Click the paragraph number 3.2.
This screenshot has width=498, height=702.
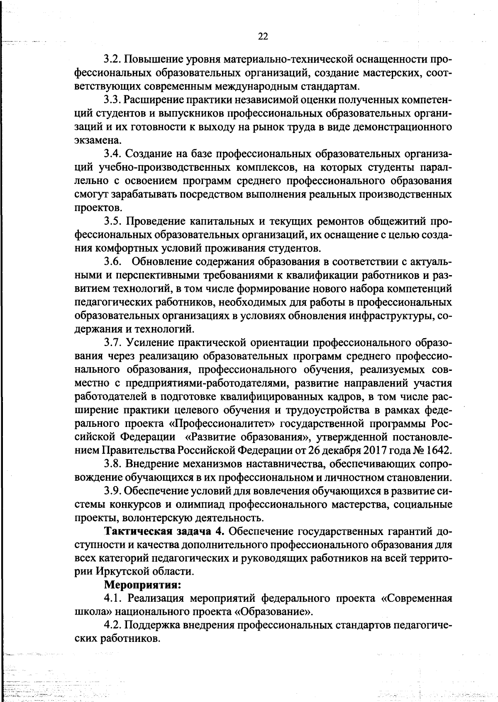(112, 60)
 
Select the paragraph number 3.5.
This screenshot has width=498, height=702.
(112, 221)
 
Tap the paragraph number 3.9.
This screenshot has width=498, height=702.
(112, 490)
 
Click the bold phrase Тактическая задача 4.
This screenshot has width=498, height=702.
(164, 531)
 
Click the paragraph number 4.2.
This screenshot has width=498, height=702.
(112, 625)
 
